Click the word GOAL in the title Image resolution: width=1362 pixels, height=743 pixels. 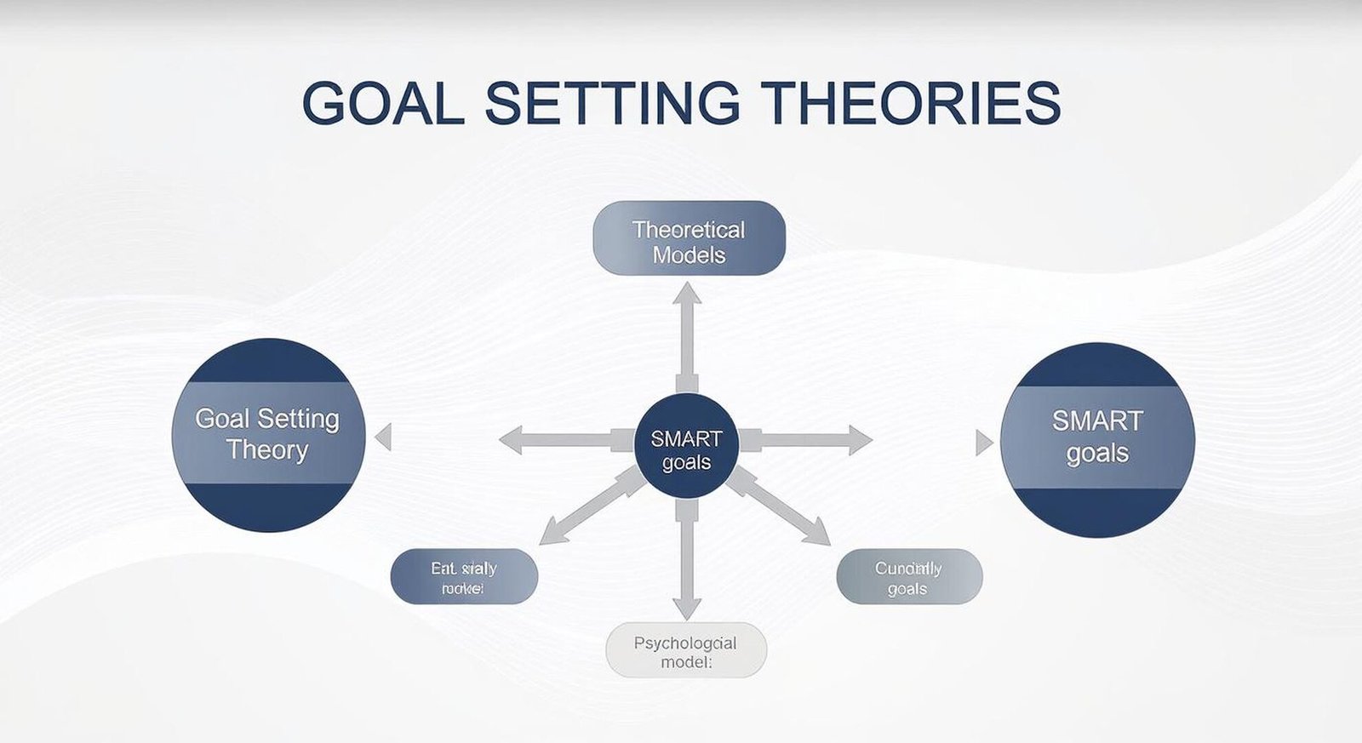click(382, 103)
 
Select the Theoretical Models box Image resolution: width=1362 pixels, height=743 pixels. click(689, 238)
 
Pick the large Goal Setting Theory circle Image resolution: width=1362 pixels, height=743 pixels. click(268, 434)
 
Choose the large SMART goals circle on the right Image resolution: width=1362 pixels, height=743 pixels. click(1097, 438)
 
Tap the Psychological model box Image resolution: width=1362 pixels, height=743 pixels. click(685, 651)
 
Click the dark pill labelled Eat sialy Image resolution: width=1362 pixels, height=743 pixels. click(464, 577)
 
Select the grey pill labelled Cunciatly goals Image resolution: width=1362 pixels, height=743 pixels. click(908, 577)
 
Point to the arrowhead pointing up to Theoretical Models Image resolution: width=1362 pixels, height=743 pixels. click(687, 294)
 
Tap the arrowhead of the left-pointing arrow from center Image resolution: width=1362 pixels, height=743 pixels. click(511, 440)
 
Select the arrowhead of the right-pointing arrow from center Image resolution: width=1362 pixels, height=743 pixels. click(861, 440)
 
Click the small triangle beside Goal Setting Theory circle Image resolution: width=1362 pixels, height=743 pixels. click(384, 437)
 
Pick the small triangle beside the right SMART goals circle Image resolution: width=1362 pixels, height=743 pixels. click(983, 443)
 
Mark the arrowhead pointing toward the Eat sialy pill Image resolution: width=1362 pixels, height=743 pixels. click(552, 534)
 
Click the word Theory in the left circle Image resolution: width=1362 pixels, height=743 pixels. click(266, 450)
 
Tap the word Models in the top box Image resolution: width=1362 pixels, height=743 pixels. click(689, 254)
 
